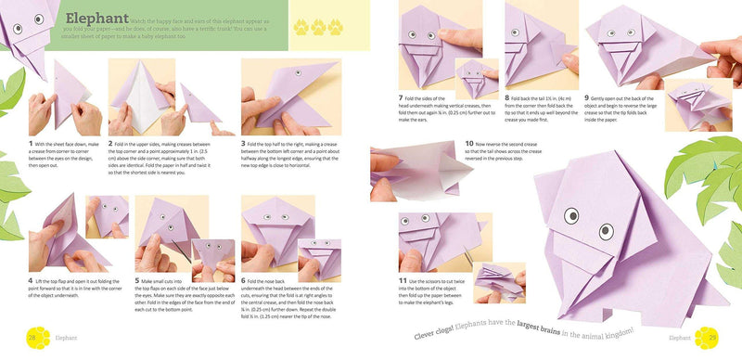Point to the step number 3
[x=243, y=144]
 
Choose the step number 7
[x=399, y=97]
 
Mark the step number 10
[x=469, y=145]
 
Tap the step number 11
[x=401, y=280]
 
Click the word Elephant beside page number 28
[x=65, y=338]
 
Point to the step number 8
[x=507, y=97]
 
